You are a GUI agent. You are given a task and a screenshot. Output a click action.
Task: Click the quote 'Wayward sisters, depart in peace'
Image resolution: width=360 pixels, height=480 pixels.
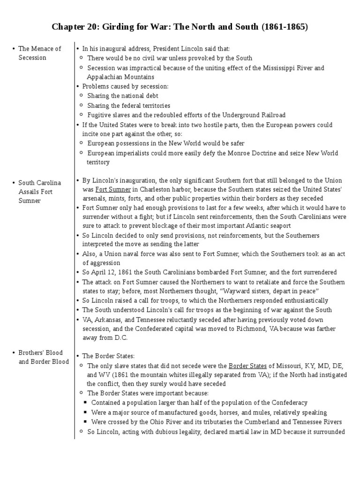[267, 291]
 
